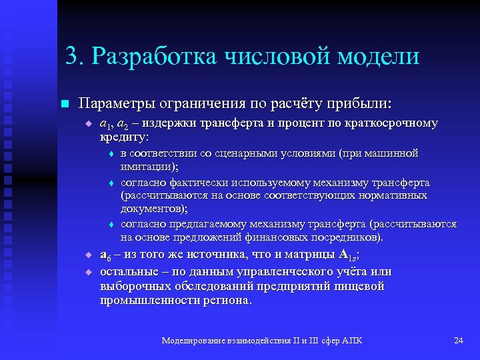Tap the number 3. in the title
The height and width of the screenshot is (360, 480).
coord(75,56)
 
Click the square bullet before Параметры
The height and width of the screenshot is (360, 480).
coord(64,104)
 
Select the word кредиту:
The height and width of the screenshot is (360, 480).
coord(124,136)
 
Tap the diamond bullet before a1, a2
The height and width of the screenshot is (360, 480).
coord(87,124)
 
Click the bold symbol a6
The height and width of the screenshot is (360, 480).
coord(105,255)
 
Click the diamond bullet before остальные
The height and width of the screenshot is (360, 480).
coord(87,272)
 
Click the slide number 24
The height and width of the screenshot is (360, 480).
coord(458,341)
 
